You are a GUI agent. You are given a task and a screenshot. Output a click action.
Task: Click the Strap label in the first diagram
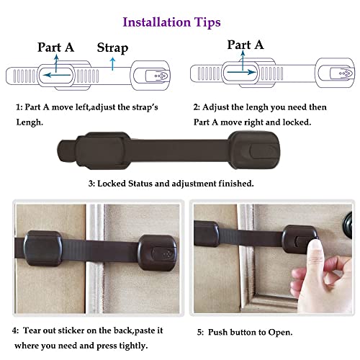coord(112,48)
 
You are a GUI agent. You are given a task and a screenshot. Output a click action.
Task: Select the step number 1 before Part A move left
coord(19,107)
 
